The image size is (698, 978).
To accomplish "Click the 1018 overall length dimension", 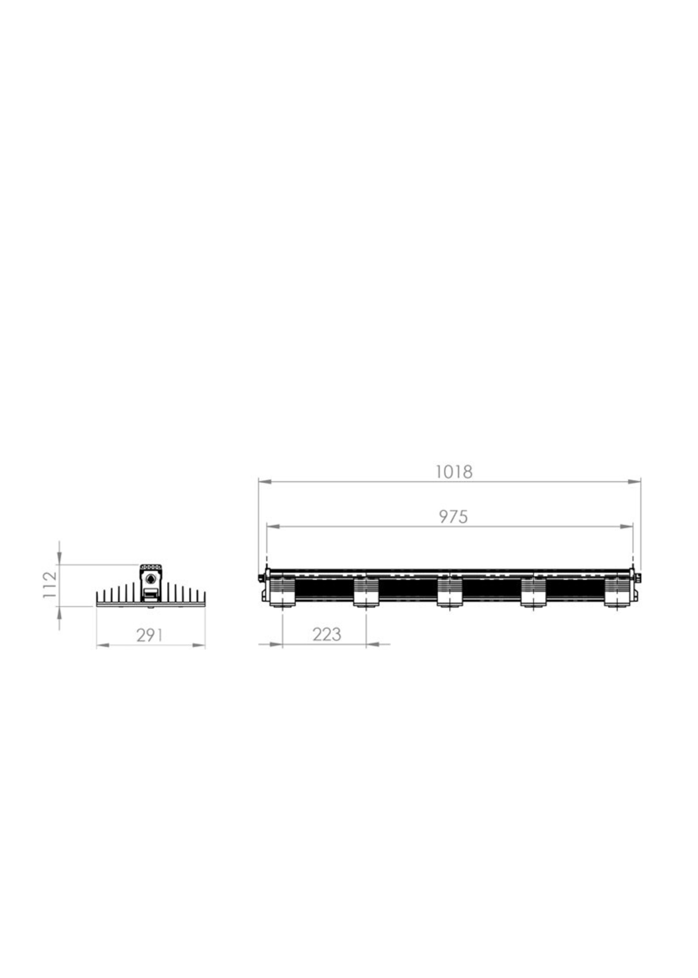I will tap(454, 472).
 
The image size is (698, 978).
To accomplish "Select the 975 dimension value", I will tap(453, 517).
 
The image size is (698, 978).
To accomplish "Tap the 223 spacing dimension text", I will tap(327, 634).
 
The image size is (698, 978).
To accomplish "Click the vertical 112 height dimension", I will tap(50, 584).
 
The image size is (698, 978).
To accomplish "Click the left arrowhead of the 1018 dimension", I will tap(265, 482).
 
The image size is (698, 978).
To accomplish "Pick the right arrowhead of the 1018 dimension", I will tap(634, 482).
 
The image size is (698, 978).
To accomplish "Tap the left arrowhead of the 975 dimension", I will tap(273, 526).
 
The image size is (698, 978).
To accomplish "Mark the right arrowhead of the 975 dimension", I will tap(627, 526).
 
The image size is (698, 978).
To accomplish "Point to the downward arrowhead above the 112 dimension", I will tap(59, 558).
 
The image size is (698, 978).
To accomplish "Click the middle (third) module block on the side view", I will tap(450, 592).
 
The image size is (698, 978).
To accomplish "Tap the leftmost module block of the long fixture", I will tap(282, 592).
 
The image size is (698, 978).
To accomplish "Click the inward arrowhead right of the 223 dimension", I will tap(372, 644).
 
